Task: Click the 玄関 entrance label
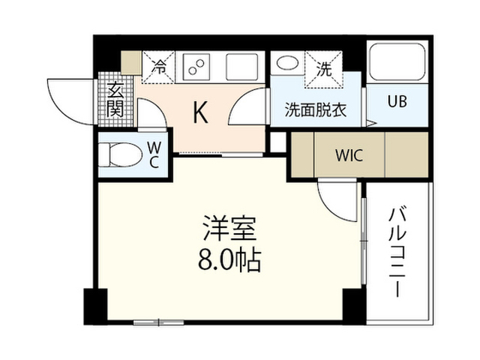pyautogui.click(x=115, y=100)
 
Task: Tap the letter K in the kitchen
pyautogui.click(x=200, y=112)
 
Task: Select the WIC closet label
pyautogui.click(x=349, y=155)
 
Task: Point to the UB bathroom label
pyautogui.click(x=397, y=101)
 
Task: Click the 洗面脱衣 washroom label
pyautogui.click(x=316, y=109)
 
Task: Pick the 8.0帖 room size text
pyautogui.click(x=229, y=260)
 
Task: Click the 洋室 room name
pyautogui.click(x=229, y=228)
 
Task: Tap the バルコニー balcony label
pyautogui.click(x=397, y=252)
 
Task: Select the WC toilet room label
pyautogui.click(x=154, y=155)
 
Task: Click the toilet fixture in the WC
pyautogui.click(x=120, y=154)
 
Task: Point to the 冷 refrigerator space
pyautogui.click(x=158, y=67)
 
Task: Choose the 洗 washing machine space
pyautogui.click(x=324, y=70)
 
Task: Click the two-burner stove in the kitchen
pyautogui.click(x=196, y=67)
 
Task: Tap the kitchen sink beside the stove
pyautogui.click(x=241, y=67)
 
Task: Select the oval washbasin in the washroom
pyautogui.click(x=287, y=63)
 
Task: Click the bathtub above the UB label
pyautogui.click(x=397, y=61)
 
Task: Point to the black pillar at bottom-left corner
pyautogui.click(x=95, y=307)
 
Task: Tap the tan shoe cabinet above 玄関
pyautogui.click(x=131, y=63)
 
